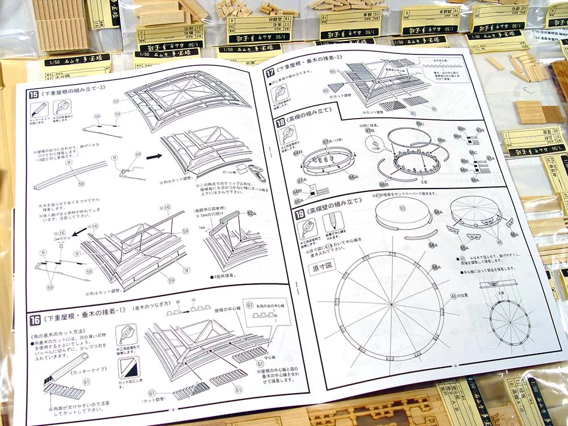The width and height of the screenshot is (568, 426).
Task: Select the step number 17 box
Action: (x=270, y=72)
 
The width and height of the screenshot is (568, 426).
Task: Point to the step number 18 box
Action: (x=281, y=123)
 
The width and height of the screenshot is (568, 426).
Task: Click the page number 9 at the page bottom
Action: (x=456, y=366)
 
